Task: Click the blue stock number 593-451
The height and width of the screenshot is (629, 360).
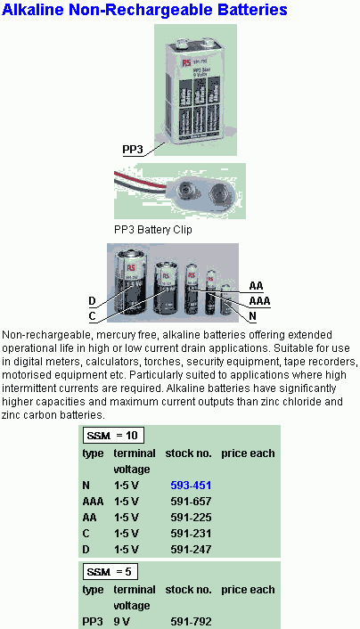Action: pyautogui.click(x=191, y=486)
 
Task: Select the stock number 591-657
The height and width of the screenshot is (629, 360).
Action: pyautogui.click(x=191, y=502)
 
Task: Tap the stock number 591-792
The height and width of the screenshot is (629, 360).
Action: pyautogui.click(x=191, y=622)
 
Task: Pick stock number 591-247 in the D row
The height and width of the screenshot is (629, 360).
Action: pyautogui.click(x=191, y=549)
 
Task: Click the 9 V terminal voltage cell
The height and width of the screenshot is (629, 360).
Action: pyautogui.click(x=121, y=622)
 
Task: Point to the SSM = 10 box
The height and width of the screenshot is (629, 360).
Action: pyautogui.click(x=113, y=436)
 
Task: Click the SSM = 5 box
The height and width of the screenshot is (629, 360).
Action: pyautogui.click(x=110, y=572)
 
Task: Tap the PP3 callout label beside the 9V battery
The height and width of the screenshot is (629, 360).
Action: pyautogui.click(x=133, y=150)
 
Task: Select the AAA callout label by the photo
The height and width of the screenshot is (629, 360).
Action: pyautogui.click(x=259, y=301)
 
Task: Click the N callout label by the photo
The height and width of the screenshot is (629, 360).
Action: pyautogui.click(x=252, y=316)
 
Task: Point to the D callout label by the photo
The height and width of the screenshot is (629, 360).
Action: pyautogui.click(x=92, y=301)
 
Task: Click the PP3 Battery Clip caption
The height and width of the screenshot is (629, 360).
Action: pyautogui.click(x=153, y=230)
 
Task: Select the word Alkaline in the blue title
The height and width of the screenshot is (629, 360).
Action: pyautogui.click(x=32, y=10)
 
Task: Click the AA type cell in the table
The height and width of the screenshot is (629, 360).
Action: pyautogui.click(x=89, y=518)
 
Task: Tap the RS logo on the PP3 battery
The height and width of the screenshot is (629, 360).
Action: pyautogui.click(x=186, y=63)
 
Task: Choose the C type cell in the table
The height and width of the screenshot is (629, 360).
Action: pyautogui.click(x=86, y=534)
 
